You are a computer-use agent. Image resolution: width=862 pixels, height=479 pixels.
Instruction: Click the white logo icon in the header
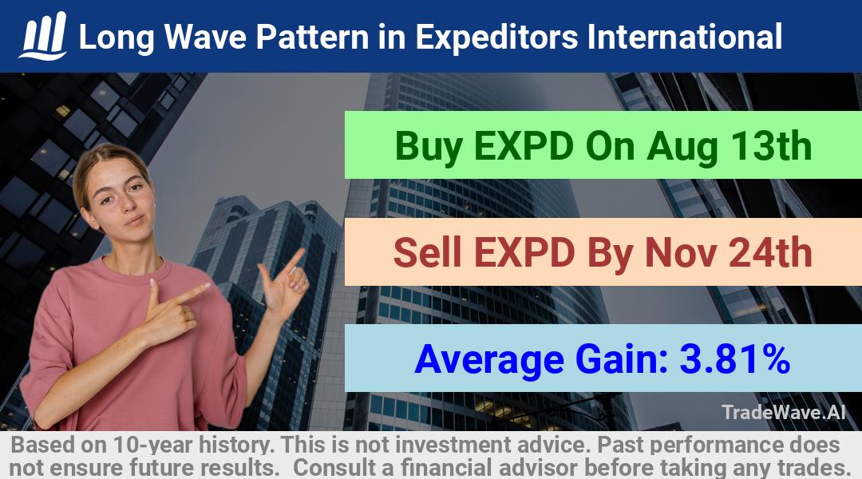point(43,36)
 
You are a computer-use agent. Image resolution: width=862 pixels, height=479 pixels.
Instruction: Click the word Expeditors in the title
point(496,37)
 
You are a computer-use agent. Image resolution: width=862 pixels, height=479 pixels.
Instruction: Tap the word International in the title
point(685,36)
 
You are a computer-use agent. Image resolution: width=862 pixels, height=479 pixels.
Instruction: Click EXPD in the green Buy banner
point(524,146)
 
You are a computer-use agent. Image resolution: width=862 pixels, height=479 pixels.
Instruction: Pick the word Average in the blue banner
point(489,360)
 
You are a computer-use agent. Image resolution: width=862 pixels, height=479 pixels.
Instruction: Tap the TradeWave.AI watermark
point(784,412)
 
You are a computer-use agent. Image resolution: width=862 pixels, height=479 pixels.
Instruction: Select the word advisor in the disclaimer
point(538,468)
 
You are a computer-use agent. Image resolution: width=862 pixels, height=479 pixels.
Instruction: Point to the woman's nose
point(130,204)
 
